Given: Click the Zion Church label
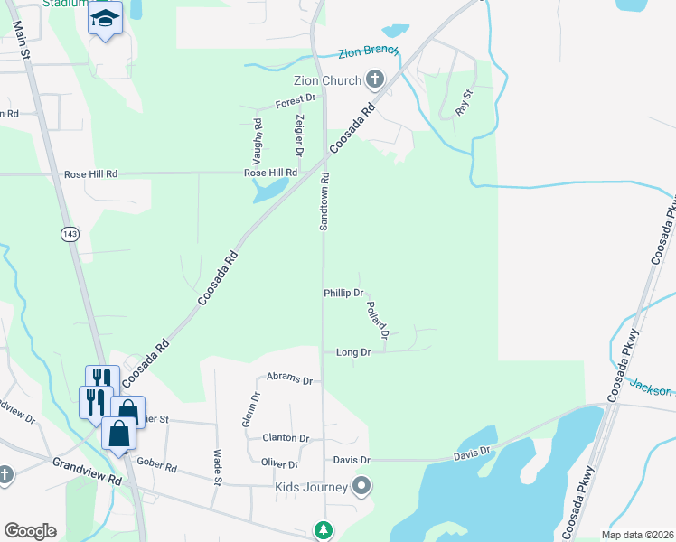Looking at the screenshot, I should pyautogui.click(x=326, y=81).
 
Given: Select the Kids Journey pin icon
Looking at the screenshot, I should pyautogui.click(x=361, y=488).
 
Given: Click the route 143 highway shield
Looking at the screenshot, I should pyautogui.click(x=70, y=234).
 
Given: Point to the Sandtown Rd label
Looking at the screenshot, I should pyautogui.click(x=324, y=201).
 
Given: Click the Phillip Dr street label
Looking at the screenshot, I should pyautogui.click(x=343, y=294).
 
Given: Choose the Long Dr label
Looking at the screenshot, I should pyautogui.click(x=353, y=352).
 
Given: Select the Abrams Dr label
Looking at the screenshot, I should pyautogui.click(x=289, y=380).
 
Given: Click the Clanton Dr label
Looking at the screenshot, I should pyautogui.click(x=286, y=438).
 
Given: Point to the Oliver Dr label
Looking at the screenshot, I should pyautogui.click(x=279, y=464).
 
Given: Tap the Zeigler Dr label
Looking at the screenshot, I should pyautogui.click(x=299, y=134).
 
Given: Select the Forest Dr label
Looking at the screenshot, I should pyautogui.click(x=297, y=101).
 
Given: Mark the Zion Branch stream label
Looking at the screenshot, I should pyautogui.click(x=368, y=52).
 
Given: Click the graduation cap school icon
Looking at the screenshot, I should pyautogui.click(x=105, y=17).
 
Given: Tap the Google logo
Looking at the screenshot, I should pyautogui.click(x=30, y=531).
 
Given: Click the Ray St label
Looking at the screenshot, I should pyautogui.click(x=465, y=101).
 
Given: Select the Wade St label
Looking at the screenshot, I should pyautogui.click(x=217, y=466).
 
